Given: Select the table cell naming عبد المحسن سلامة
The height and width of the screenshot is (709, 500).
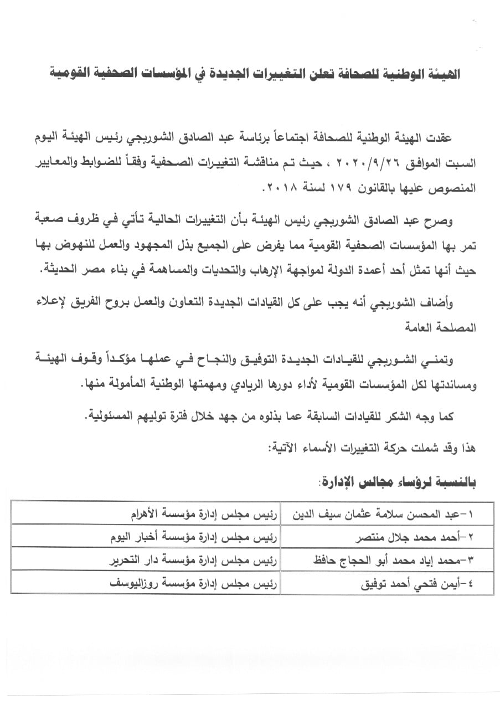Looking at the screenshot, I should [x=387, y=513].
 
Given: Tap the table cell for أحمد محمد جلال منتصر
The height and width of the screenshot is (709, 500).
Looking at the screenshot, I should [x=387, y=536].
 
